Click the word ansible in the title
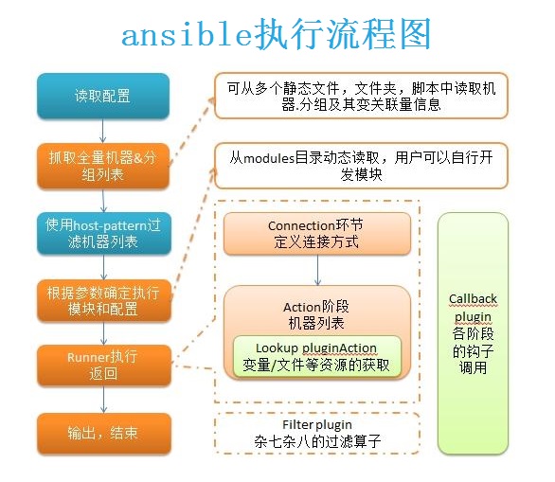(x=187, y=35)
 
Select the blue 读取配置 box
(x=103, y=96)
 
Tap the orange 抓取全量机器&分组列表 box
(x=103, y=166)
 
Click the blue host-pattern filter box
(x=104, y=234)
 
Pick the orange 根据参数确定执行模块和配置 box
(x=104, y=301)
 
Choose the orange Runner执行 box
(x=104, y=366)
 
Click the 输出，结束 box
(x=104, y=434)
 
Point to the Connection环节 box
(x=317, y=234)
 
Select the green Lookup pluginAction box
(x=316, y=356)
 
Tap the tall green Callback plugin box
(x=473, y=332)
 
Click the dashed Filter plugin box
(x=317, y=433)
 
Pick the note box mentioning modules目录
(x=361, y=166)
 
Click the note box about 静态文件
(x=361, y=96)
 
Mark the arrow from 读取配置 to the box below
(x=102, y=131)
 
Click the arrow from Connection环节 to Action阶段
(x=317, y=270)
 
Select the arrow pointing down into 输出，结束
(x=104, y=400)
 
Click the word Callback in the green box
(x=473, y=298)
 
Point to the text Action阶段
(x=316, y=307)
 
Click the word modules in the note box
(x=269, y=158)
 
